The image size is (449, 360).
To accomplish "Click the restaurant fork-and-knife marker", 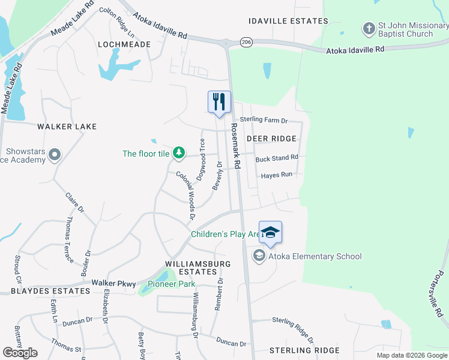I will (x=219, y=101).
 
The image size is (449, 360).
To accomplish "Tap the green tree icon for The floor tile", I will (x=178, y=154).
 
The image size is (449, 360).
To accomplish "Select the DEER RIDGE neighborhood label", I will (x=271, y=139).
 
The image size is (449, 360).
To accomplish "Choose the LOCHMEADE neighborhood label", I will (x=124, y=44).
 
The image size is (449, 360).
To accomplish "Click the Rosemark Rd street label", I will (x=237, y=150).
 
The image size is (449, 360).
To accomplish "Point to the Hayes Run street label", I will (x=276, y=175).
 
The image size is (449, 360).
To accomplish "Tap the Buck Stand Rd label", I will (x=277, y=158).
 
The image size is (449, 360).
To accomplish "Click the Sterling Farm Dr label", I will (x=264, y=120).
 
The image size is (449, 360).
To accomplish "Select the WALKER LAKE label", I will (x=67, y=127).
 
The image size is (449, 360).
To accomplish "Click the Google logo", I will (x=20, y=353).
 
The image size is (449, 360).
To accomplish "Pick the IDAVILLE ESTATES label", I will (x=289, y=21).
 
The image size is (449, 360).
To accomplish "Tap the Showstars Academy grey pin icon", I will (x=55, y=155).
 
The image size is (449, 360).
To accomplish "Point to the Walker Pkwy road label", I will (x=111, y=282).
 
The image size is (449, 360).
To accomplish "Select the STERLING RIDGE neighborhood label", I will (x=304, y=350).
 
